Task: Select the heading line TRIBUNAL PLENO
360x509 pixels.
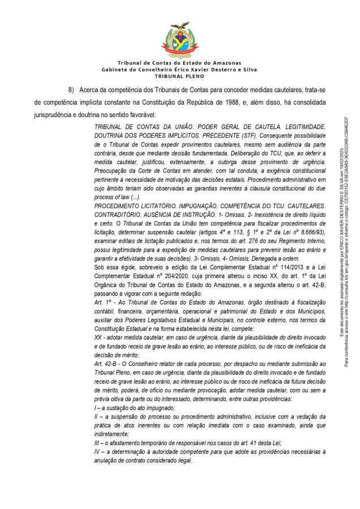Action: pos(179,75)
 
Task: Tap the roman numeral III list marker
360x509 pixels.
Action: pos(97,442)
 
